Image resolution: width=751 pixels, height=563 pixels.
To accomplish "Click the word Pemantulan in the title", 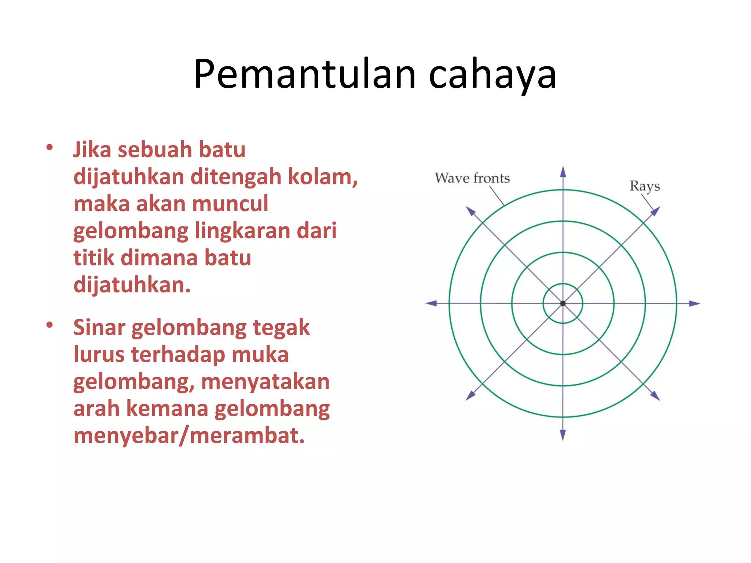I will click(304, 74).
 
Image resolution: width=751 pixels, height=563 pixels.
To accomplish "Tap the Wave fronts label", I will click(472, 178).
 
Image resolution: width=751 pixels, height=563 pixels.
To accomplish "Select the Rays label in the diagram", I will click(645, 186).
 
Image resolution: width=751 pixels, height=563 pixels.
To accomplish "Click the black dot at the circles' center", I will click(563, 303).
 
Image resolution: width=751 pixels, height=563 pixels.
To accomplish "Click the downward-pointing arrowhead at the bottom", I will click(563, 435).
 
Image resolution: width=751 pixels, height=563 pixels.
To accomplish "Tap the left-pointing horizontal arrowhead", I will click(431, 303).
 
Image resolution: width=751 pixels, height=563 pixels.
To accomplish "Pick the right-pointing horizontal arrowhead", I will click(695, 303).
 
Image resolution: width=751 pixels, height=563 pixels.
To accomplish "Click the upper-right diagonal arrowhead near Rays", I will click(655, 211).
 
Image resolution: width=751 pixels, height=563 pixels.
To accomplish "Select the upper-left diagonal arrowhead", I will click(470, 211).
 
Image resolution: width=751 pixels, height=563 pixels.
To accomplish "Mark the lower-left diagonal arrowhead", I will click(470, 395).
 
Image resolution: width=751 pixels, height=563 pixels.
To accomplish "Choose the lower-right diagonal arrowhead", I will click(655, 395).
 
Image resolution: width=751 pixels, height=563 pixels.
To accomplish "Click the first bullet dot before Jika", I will click(50, 148).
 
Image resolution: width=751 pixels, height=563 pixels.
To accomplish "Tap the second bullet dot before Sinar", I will click(50, 325).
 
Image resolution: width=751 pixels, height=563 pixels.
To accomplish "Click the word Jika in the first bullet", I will click(92, 150).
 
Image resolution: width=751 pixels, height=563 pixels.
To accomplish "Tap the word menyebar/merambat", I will click(189, 435).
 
